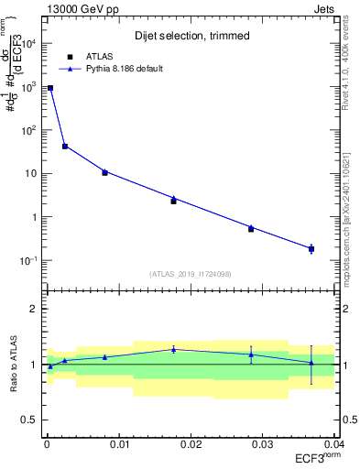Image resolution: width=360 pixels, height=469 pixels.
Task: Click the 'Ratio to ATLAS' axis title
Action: coord(14,364)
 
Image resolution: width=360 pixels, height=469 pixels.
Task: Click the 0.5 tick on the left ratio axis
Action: coord(34,420)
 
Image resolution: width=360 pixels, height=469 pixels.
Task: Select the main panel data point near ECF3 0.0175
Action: coord(173,201)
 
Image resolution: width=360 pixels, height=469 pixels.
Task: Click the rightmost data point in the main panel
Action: coord(311,248)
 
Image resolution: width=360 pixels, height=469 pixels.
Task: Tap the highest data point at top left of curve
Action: coord(50,88)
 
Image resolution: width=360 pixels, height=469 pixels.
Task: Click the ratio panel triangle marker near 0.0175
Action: coord(173,349)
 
